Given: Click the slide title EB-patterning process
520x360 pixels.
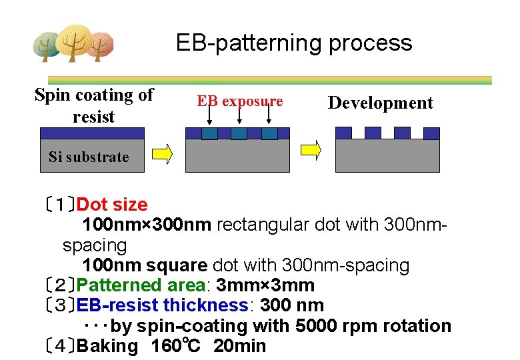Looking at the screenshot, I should point(294,43).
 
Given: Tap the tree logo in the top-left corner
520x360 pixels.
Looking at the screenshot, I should point(73,44).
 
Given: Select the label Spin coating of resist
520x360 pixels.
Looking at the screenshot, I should point(94,105).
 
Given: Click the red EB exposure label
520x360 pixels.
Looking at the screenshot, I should point(239,101).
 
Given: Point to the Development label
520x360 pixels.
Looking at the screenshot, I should point(380,103).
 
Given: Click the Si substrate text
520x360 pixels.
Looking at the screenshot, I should point(89,157).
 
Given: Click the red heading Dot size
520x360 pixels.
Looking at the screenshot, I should point(112,205).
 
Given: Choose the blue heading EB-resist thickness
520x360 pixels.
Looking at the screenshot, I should point(163,305).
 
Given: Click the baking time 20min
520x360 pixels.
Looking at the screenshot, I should point(239,346).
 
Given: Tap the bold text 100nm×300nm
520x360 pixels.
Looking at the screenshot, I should point(147,225).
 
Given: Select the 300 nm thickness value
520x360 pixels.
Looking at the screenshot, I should point(292,305).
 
